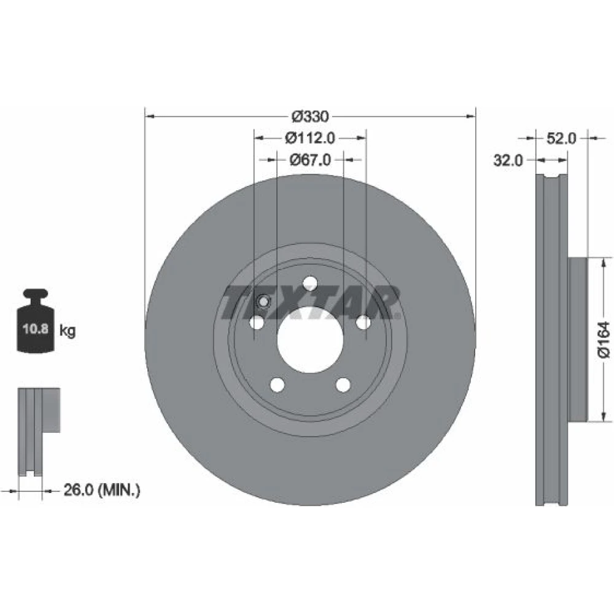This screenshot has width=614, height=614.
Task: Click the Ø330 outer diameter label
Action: click(x=310, y=116)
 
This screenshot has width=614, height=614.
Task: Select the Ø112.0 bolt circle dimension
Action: click(x=309, y=138)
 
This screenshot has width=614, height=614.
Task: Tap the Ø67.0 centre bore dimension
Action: click(x=309, y=160)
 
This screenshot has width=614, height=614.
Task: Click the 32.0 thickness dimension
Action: click(x=508, y=160)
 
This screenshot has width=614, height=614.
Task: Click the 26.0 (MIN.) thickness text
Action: click(x=101, y=490)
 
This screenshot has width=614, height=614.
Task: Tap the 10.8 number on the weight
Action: click(x=35, y=328)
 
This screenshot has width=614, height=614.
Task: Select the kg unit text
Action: click(x=68, y=331)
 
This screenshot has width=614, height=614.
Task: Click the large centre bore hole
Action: click(x=310, y=339)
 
